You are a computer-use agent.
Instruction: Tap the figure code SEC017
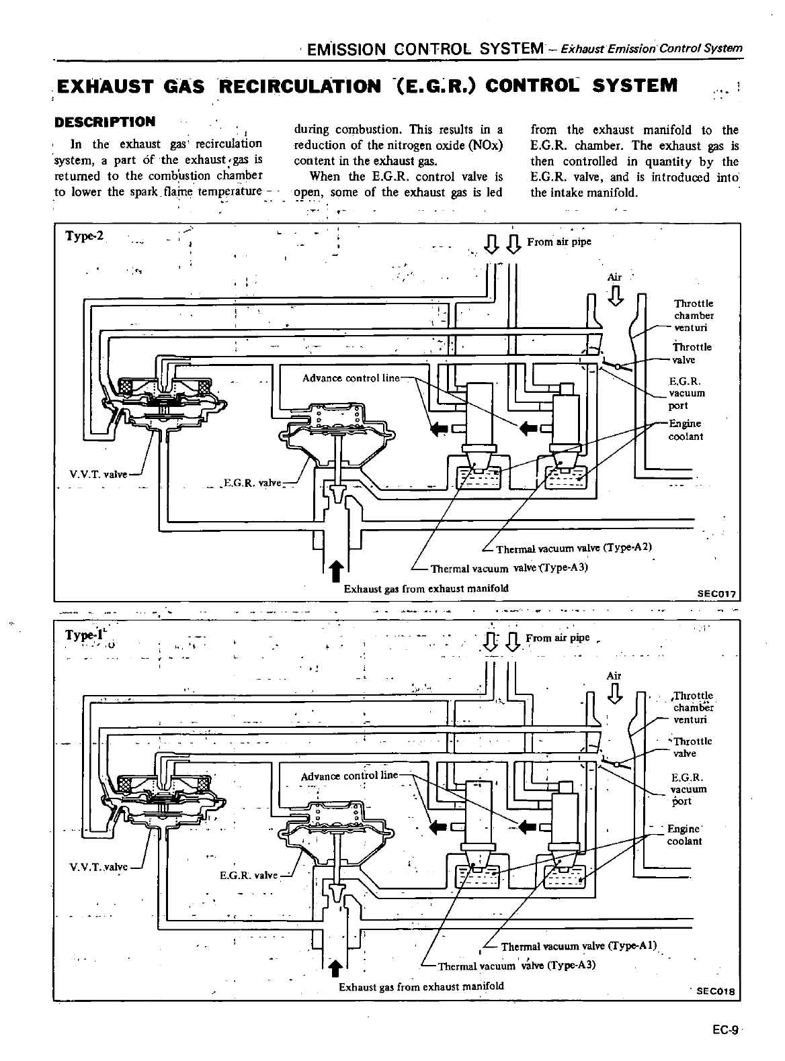tap(717, 594)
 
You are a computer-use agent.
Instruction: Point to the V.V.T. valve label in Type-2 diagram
tap(98, 474)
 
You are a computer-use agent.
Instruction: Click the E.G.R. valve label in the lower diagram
tap(248, 875)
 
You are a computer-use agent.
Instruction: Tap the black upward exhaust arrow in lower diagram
tap(337, 969)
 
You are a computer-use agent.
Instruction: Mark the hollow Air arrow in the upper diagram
tap(615, 294)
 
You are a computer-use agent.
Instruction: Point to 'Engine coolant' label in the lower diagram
tap(684, 835)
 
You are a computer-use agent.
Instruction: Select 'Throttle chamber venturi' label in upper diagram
tap(694, 316)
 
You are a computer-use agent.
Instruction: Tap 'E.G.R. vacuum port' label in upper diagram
tap(686, 394)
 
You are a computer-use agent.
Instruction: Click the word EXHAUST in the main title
tap(100, 87)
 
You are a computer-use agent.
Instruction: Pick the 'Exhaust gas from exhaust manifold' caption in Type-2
tap(426, 588)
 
